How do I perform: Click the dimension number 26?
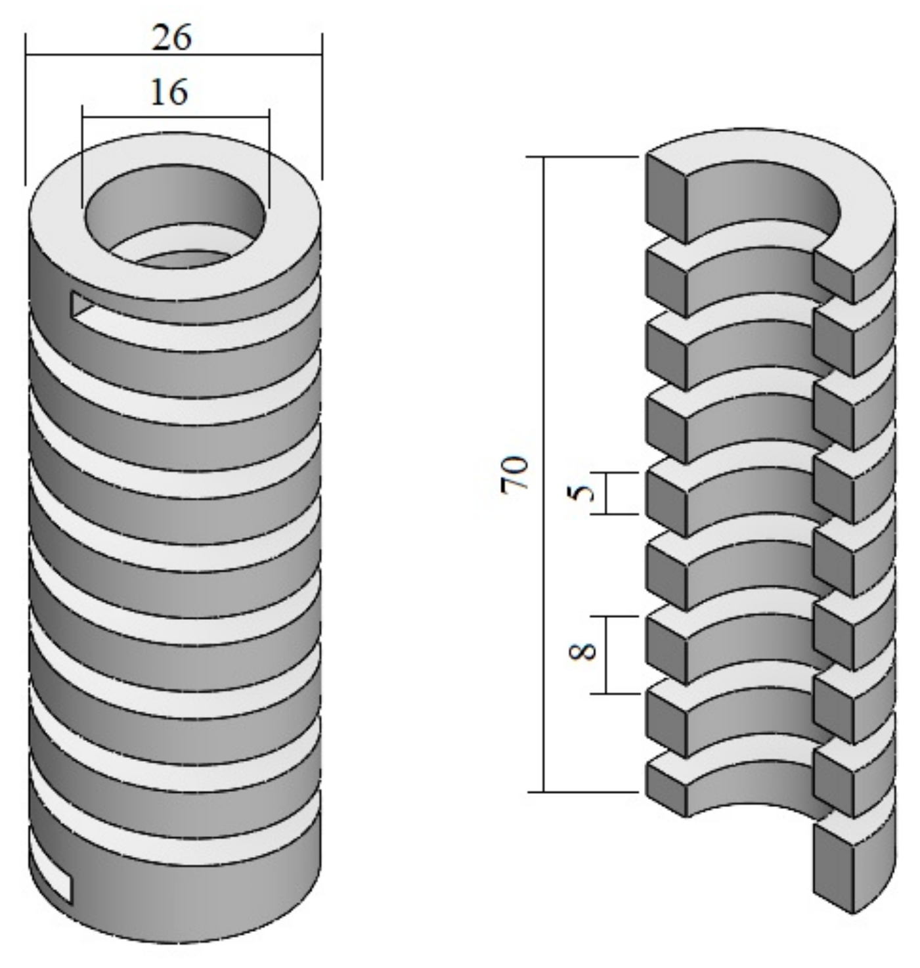[172, 37]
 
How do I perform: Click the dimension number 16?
[169, 92]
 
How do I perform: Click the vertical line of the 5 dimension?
[605, 493]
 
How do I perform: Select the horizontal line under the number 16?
[175, 117]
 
